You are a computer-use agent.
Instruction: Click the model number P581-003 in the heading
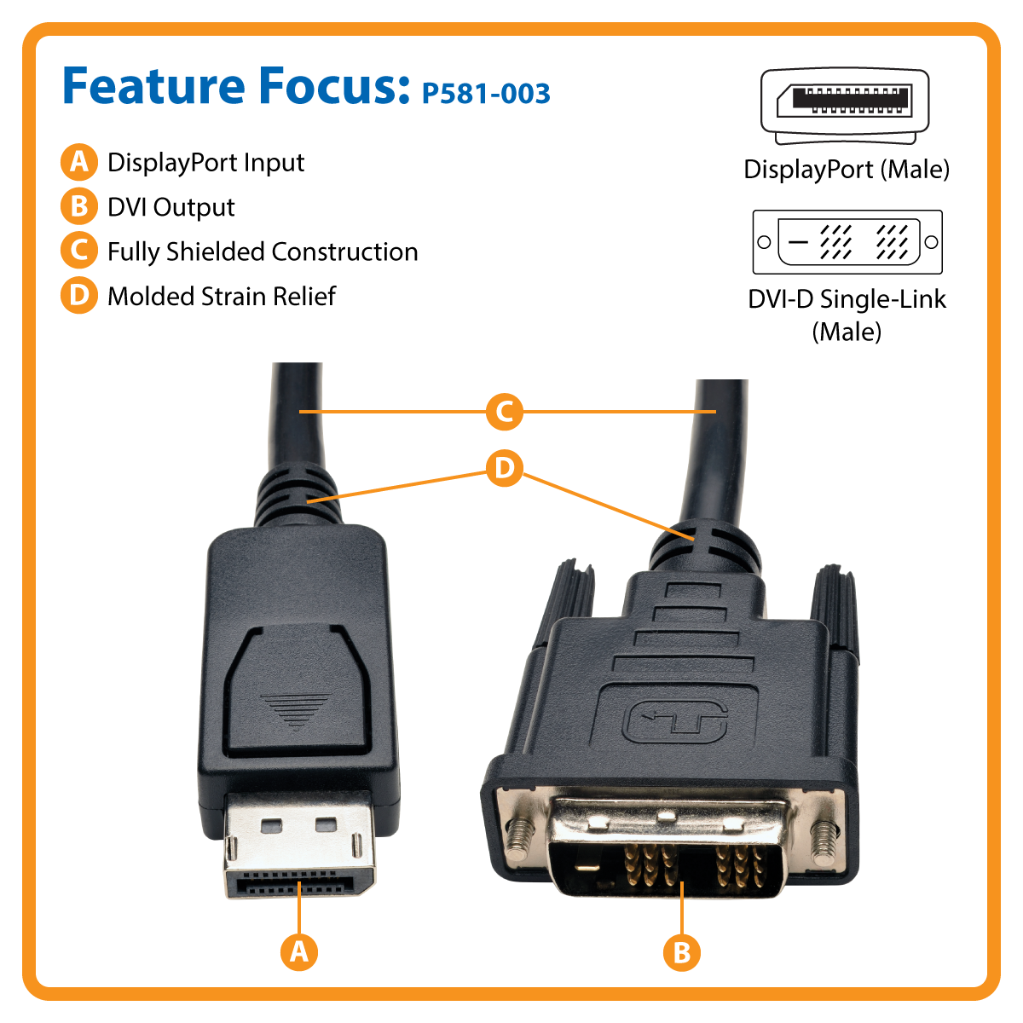pyautogui.click(x=485, y=94)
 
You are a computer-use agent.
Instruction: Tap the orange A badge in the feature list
pyautogui.click(x=79, y=162)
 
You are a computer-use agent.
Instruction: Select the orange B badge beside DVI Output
pyautogui.click(x=79, y=206)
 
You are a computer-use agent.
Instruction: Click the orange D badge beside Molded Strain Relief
pyautogui.click(x=79, y=295)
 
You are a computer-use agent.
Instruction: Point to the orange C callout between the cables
pyautogui.click(x=505, y=412)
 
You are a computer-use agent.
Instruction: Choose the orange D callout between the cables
pyautogui.click(x=505, y=468)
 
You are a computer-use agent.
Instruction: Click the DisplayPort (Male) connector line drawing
pyautogui.click(x=845, y=106)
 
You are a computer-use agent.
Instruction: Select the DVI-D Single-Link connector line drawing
pyautogui.click(x=847, y=242)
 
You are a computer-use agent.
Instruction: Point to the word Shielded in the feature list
pyautogui.click(x=216, y=252)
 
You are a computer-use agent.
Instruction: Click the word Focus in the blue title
pyautogui.click(x=335, y=86)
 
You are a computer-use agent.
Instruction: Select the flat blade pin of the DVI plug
pyautogui.click(x=587, y=869)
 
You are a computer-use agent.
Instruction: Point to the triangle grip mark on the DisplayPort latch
pyautogui.click(x=296, y=711)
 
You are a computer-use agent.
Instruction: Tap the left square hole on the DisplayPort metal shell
pyautogui.click(x=272, y=825)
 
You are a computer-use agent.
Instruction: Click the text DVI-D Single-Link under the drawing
pyautogui.click(x=847, y=299)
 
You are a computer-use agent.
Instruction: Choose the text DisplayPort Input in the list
pyautogui.click(x=206, y=163)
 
